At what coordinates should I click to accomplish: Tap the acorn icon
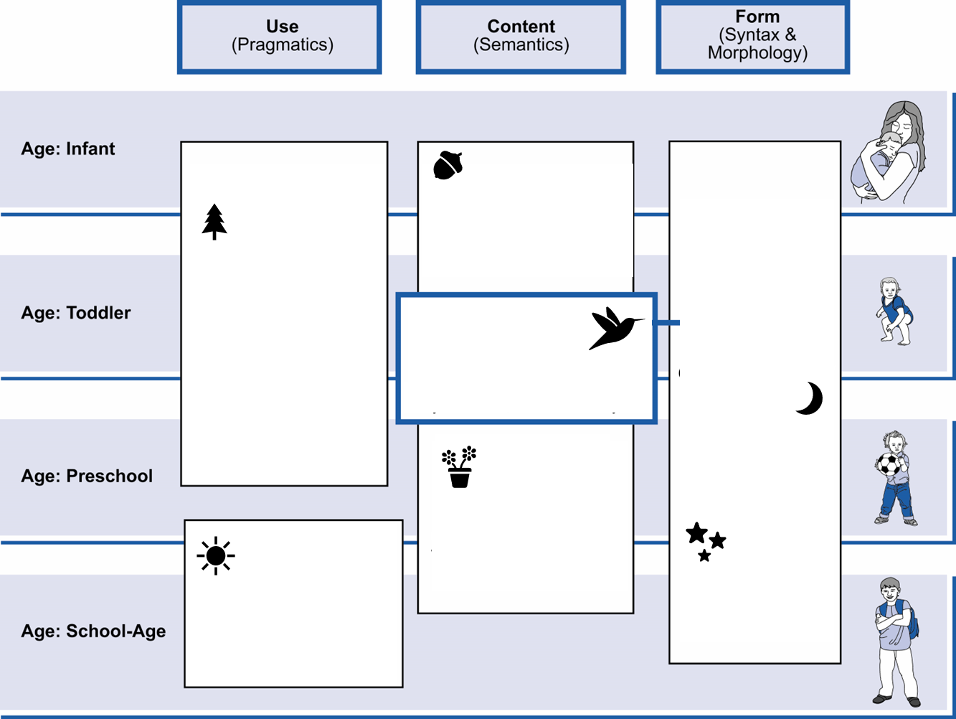[x=448, y=165]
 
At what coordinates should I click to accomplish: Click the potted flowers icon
[x=459, y=466]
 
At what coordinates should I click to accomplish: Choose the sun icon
[x=216, y=555]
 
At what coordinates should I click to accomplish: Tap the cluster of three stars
[x=706, y=542]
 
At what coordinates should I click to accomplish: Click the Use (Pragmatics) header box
[x=280, y=37]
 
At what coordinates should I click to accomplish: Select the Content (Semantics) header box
[x=521, y=37]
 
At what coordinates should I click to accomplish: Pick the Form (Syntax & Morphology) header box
[x=752, y=37]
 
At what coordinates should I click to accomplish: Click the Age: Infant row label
[x=68, y=149]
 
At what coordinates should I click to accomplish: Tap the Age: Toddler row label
[x=76, y=312]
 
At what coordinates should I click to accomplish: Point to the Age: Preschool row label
[x=87, y=476]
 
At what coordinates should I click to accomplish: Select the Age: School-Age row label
[x=93, y=631]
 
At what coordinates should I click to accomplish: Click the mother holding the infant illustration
[x=889, y=152]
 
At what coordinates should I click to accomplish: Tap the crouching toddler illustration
[x=894, y=311]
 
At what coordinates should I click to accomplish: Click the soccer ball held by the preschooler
[x=889, y=464]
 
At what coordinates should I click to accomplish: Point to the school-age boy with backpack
[x=896, y=642]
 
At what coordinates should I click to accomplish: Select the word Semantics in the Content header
[x=521, y=45]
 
